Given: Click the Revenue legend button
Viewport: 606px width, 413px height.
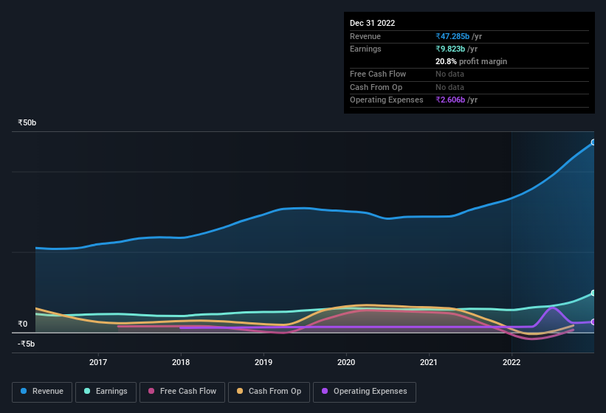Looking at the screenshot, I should (42, 392).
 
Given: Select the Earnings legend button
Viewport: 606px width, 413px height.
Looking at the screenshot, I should (105, 392).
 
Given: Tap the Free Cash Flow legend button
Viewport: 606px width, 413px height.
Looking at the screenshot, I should (182, 392).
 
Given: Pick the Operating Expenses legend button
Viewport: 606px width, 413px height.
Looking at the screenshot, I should (365, 392).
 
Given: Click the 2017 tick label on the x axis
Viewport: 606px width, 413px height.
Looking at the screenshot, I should (98, 362).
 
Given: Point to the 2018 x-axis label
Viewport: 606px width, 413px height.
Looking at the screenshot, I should (181, 362).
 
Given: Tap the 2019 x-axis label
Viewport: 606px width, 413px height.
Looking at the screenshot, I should (264, 362).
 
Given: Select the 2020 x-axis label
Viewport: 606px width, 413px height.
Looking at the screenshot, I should (346, 362).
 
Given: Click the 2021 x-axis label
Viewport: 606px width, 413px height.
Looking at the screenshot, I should (429, 362).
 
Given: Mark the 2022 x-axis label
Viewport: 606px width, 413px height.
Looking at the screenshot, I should (512, 362).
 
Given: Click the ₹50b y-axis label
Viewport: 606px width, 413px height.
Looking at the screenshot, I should (27, 123).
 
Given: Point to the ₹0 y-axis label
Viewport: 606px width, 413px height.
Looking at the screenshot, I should (23, 324).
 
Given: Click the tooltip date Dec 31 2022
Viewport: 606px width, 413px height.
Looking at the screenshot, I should (372, 23).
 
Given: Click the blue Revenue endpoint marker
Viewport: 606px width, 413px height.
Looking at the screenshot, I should (593, 142).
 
